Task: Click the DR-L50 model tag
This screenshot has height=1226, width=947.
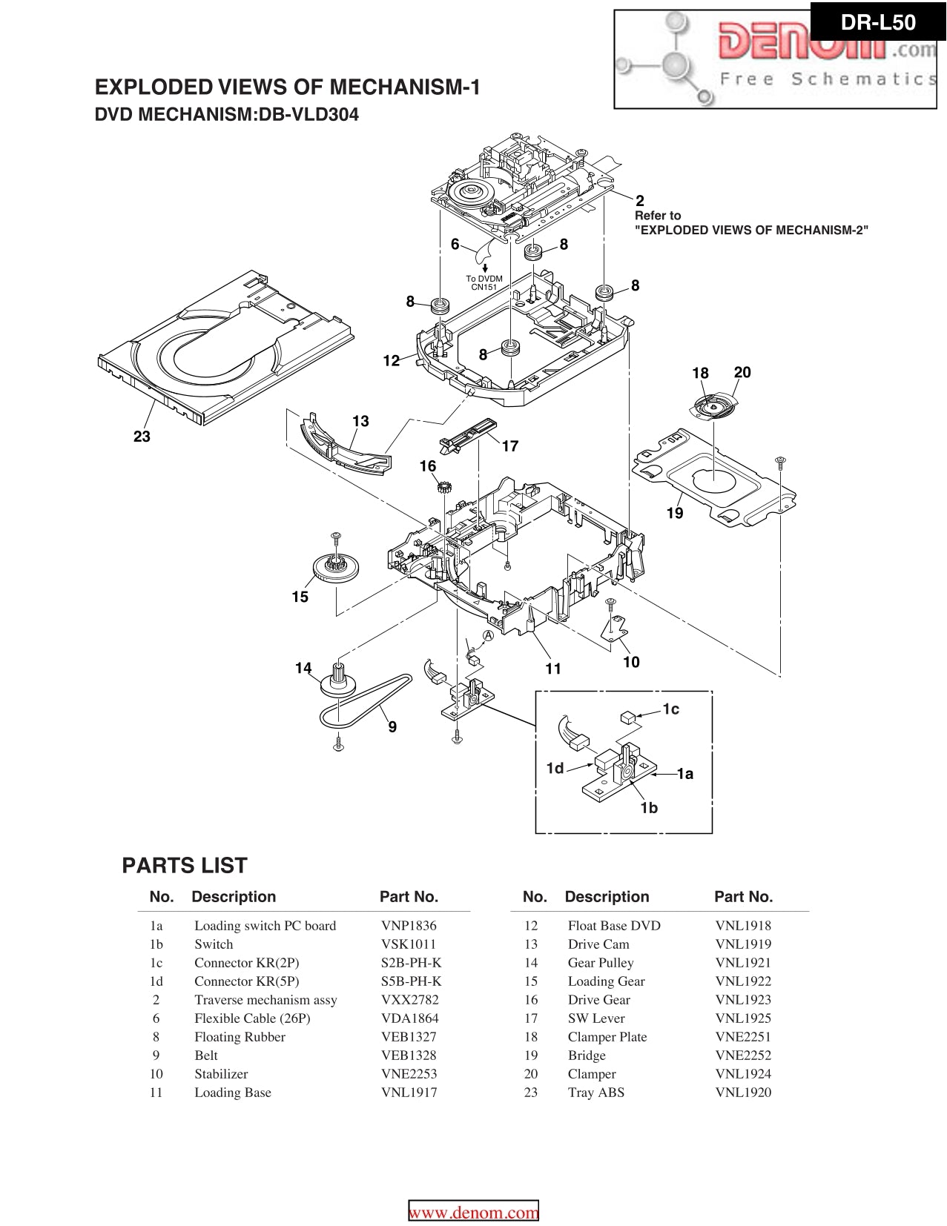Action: pyautogui.click(x=878, y=22)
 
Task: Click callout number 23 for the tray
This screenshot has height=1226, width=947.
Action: pyautogui.click(x=142, y=437)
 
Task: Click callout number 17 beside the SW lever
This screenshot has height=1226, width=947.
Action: pyautogui.click(x=509, y=446)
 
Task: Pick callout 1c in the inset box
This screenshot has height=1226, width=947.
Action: pyautogui.click(x=670, y=709)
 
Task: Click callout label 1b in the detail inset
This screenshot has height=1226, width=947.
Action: pyautogui.click(x=649, y=808)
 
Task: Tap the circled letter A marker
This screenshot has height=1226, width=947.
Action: pyautogui.click(x=489, y=635)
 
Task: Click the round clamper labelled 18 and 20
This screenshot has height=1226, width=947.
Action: pyautogui.click(x=713, y=405)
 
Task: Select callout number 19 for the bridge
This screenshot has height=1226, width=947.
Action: pyautogui.click(x=674, y=513)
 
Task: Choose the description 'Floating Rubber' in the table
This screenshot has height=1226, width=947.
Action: pyautogui.click(x=240, y=1037)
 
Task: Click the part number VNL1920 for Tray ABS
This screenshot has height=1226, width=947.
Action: pyautogui.click(x=743, y=1093)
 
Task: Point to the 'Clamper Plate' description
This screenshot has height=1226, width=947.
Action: pyautogui.click(x=607, y=1037)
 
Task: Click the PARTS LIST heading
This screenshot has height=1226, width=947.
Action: pyautogui.click(x=185, y=866)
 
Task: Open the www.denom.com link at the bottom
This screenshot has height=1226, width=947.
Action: pyautogui.click(x=474, y=1213)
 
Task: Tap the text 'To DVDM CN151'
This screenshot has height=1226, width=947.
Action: pyautogui.click(x=484, y=283)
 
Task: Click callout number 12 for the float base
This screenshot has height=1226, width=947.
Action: pyautogui.click(x=392, y=361)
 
